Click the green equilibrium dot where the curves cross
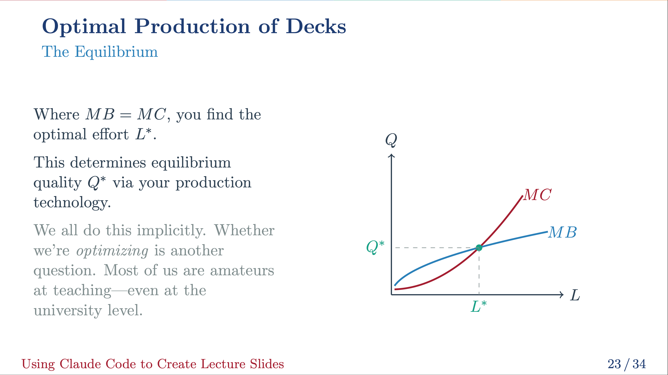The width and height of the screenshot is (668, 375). [479, 248]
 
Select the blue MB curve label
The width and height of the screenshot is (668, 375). [562, 232]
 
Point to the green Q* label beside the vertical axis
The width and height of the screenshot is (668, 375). [375, 247]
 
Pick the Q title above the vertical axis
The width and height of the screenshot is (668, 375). [391, 140]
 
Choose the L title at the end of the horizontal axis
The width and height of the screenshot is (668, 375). [575, 295]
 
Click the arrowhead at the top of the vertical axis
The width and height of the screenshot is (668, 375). [391, 156]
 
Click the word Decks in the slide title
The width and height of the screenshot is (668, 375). [316, 27]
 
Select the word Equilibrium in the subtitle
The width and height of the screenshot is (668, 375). [116, 52]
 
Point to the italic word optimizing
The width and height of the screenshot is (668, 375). [112, 251]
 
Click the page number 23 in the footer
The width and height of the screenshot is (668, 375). [614, 364]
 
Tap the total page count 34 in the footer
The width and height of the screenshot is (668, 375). [639, 364]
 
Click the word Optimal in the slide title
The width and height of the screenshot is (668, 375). [84, 27]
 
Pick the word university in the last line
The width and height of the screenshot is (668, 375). [68, 311]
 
